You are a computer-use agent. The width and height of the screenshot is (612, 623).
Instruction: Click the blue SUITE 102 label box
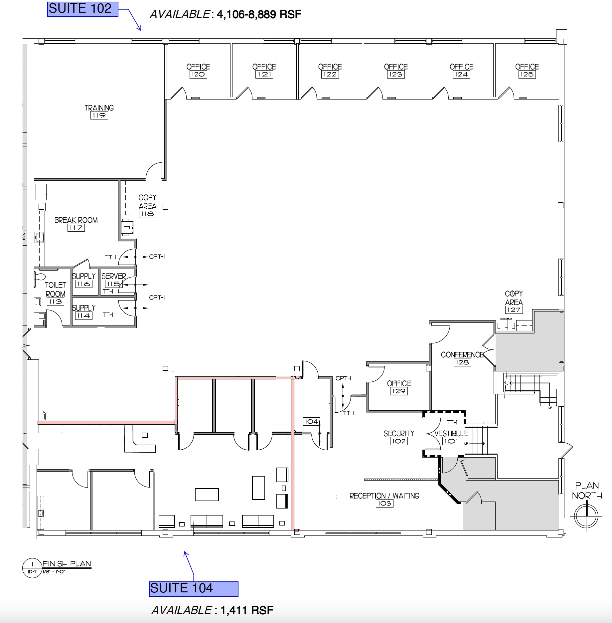pyautogui.click(x=82, y=9)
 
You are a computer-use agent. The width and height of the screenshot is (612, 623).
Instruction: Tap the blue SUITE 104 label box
pyautogui.click(x=194, y=589)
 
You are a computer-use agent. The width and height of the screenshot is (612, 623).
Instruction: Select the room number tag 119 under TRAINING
pyautogui.click(x=99, y=115)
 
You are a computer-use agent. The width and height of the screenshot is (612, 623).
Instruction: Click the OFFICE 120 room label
pyautogui.click(x=198, y=70)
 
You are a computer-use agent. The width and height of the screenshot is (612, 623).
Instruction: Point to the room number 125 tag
pyautogui.click(x=527, y=75)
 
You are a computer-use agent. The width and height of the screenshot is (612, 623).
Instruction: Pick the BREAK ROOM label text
pyautogui.click(x=76, y=220)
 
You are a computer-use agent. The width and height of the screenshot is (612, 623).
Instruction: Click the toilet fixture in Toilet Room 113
pyautogui.click(x=39, y=277)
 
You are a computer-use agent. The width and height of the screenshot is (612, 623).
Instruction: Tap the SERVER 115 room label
pyautogui.click(x=113, y=280)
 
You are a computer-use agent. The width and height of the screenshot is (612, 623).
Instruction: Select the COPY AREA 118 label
pyautogui.click(x=147, y=206)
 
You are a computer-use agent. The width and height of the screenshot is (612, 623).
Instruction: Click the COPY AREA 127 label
pyautogui.click(x=514, y=302)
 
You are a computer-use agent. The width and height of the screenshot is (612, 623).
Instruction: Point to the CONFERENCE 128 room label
pyautogui.click(x=462, y=358)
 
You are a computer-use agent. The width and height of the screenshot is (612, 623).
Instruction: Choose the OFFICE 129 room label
pyautogui.click(x=399, y=387)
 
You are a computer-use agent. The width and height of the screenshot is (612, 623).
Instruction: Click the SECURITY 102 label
pyautogui.click(x=399, y=437)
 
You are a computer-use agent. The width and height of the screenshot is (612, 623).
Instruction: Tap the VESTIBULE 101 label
pyautogui.click(x=451, y=437)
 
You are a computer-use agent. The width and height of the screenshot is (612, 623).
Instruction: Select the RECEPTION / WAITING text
pyautogui.click(x=384, y=496)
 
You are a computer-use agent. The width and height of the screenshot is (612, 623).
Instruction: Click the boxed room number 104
pyautogui.click(x=311, y=421)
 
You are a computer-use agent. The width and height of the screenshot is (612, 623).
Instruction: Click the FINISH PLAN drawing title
pyautogui.click(x=67, y=564)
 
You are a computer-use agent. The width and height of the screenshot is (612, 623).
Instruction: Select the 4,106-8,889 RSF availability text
pyautogui.click(x=259, y=15)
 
